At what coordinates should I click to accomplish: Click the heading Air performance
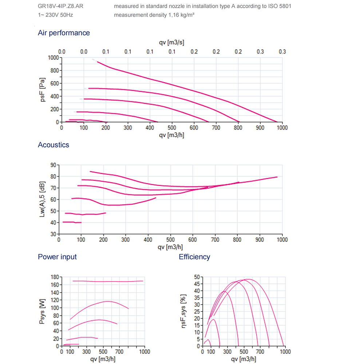[64, 33]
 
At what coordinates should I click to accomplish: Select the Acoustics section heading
[53, 145]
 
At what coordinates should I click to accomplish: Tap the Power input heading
[57, 257]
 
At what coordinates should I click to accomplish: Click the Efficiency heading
[194, 257]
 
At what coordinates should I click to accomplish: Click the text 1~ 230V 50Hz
[55, 15]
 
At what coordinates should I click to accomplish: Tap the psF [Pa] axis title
[43, 90]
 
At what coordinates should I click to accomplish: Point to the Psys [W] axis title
[43, 311]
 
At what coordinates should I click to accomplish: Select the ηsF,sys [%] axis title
[184, 311]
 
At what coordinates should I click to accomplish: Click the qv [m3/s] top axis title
[171, 42]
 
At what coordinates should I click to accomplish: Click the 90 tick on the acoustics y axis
[53, 165]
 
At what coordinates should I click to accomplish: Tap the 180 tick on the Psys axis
[55, 277]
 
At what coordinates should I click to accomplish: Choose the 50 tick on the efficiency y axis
[197, 277]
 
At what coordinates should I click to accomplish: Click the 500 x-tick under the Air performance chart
[171, 128]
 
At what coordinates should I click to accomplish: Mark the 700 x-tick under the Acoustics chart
[215, 240]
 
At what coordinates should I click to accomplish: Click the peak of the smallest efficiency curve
[208, 339]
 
